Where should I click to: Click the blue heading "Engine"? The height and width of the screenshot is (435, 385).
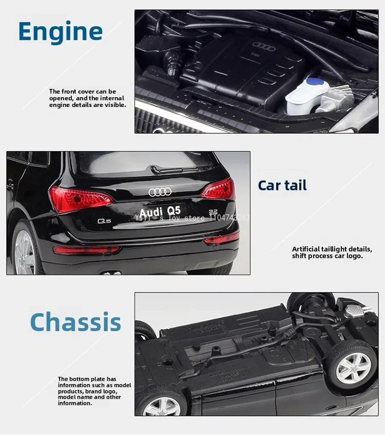(x=60, y=31)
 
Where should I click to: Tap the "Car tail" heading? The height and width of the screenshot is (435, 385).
(x=282, y=185)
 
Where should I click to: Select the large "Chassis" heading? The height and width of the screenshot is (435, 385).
(x=75, y=322)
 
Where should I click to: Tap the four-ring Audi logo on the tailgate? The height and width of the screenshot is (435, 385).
(x=160, y=192)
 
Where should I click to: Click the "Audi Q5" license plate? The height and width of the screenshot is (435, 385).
(x=160, y=211)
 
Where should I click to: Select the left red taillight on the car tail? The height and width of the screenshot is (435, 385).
(x=77, y=198)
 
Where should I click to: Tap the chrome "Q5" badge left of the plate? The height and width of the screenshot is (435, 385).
(x=105, y=221)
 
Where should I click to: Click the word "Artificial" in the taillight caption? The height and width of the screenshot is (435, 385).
(x=306, y=249)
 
